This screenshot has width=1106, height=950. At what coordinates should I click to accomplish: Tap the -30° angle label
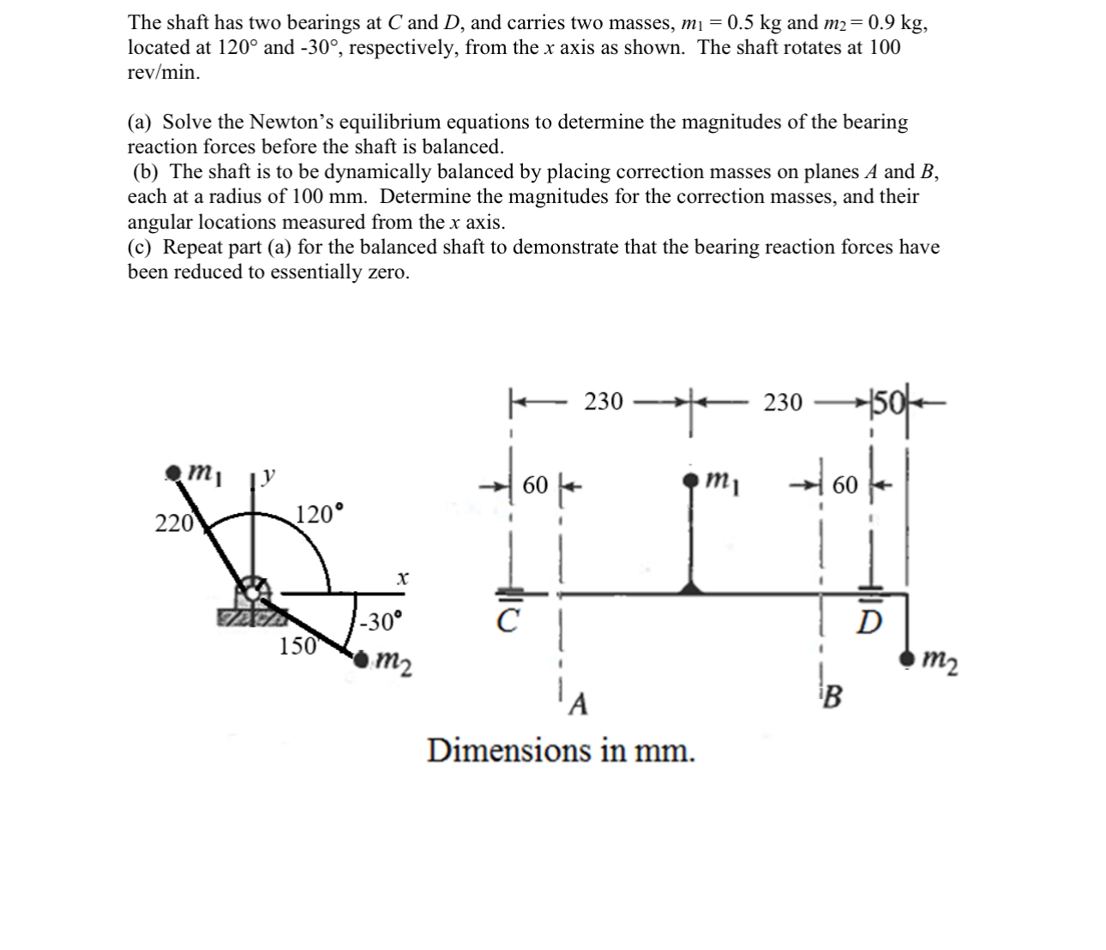(381, 621)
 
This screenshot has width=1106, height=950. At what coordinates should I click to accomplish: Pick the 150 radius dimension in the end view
(298, 646)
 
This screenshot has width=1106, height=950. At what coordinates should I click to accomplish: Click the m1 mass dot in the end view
(174, 471)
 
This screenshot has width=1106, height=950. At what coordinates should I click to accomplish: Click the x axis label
(400, 580)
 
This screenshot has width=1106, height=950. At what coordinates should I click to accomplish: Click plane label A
(580, 704)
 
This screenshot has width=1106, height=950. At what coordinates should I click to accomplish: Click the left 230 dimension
(604, 401)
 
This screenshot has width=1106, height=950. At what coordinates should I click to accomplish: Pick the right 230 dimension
(783, 402)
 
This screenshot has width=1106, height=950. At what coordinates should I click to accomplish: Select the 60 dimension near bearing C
(535, 486)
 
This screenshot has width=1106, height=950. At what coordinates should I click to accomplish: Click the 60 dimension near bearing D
(845, 486)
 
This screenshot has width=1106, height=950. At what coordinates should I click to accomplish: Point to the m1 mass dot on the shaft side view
(690, 481)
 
